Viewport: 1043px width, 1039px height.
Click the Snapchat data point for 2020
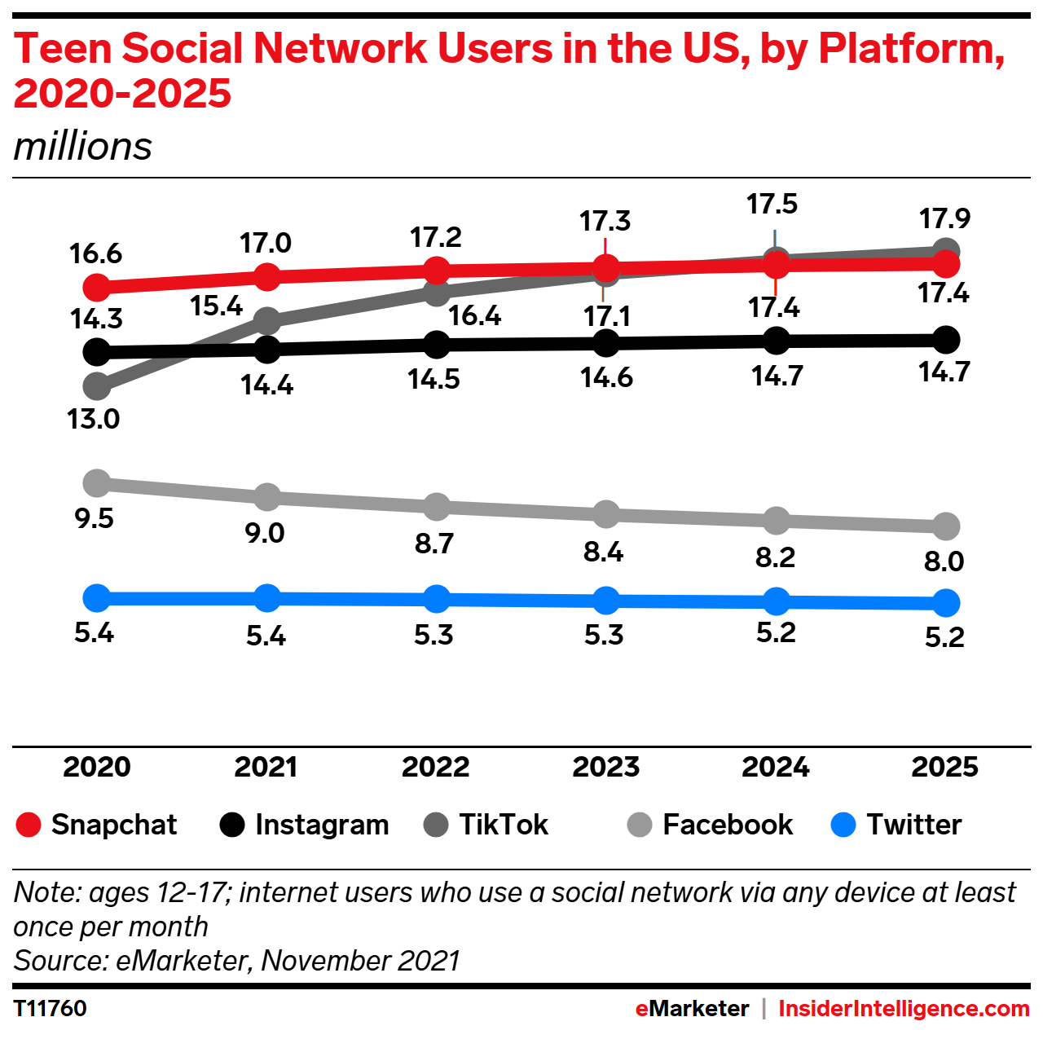97,287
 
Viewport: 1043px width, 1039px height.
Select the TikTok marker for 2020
97,385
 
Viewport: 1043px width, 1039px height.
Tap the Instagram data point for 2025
945,339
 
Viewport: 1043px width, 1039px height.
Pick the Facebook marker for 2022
437,506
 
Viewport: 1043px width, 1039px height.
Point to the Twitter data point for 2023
606,601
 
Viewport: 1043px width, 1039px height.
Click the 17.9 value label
944,218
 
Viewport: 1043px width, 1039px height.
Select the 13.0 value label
93,419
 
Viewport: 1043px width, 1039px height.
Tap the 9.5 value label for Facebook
95,518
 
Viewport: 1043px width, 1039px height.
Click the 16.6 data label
95,253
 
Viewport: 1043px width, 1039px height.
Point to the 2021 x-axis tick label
266,767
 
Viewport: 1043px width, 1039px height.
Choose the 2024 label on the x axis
775,767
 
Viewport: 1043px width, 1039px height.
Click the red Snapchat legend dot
29,825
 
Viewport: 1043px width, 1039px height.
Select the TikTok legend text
503,825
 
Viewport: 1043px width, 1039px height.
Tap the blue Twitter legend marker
843,825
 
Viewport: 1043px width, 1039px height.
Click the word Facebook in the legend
727,825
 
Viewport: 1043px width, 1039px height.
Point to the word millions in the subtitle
83,147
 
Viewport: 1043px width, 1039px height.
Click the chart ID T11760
51,1009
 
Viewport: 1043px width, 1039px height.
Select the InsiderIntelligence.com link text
904,1009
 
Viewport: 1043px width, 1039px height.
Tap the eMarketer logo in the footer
692,1009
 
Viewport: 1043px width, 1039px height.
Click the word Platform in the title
911,49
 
